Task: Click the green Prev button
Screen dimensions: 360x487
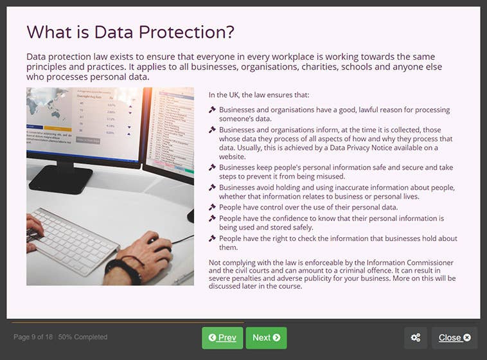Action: (x=222, y=337)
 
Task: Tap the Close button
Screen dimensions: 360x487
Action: (x=454, y=337)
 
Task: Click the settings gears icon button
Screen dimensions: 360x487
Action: (x=416, y=337)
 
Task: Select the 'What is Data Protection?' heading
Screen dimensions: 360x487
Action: (x=130, y=32)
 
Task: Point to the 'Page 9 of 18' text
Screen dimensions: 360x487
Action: (x=33, y=337)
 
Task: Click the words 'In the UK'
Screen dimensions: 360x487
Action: (x=224, y=94)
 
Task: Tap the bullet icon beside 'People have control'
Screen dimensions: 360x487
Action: (x=212, y=207)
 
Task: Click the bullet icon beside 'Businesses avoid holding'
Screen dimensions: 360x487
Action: (x=212, y=188)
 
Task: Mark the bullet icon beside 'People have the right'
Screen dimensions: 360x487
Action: (x=212, y=239)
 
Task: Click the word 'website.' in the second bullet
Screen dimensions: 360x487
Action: (x=233, y=156)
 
